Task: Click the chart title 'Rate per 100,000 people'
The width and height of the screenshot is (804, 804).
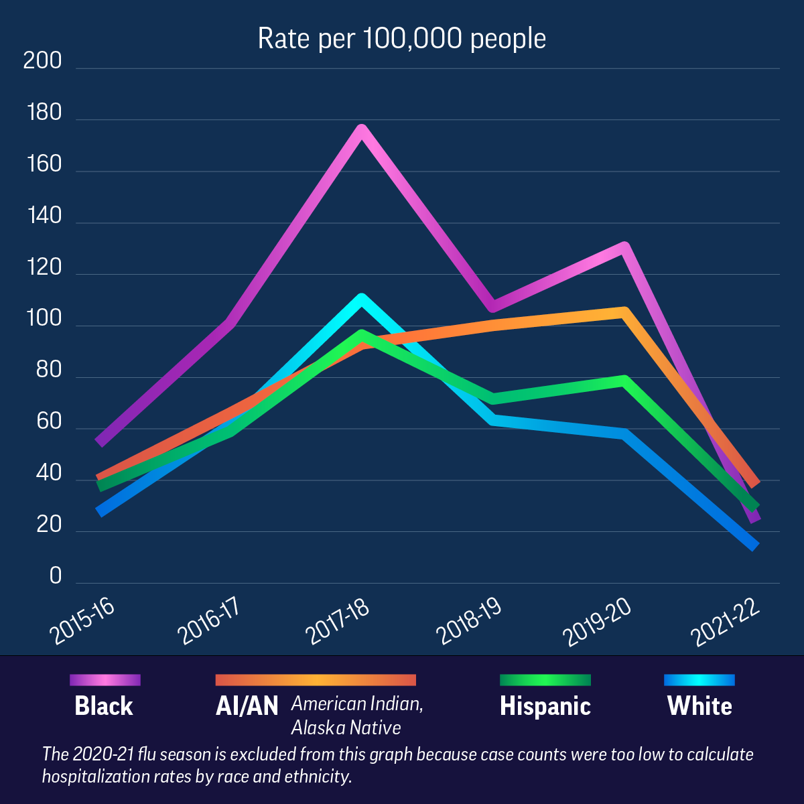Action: tap(402, 39)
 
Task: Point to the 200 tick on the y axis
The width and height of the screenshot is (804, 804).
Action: tap(42, 61)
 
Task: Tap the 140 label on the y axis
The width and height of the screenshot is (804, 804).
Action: tap(44, 216)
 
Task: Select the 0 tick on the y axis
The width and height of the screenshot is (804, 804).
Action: tap(55, 576)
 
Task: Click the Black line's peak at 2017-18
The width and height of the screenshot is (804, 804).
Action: tap(362, 130)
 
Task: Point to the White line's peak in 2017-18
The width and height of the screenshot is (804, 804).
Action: tap(362, 299)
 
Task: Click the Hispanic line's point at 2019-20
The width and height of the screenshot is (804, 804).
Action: tap(624, 381)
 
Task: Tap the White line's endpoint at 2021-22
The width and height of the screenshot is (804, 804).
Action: tap(755, 546)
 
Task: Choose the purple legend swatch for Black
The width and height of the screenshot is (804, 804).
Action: tap(105, 680)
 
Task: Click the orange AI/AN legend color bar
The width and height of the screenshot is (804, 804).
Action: tap(316, 680)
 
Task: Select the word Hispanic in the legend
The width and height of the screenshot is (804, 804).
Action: tap(545, 706)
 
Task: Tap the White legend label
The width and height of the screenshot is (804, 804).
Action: tap(699, 706)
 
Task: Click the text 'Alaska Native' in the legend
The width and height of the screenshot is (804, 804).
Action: tap(346, 728)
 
